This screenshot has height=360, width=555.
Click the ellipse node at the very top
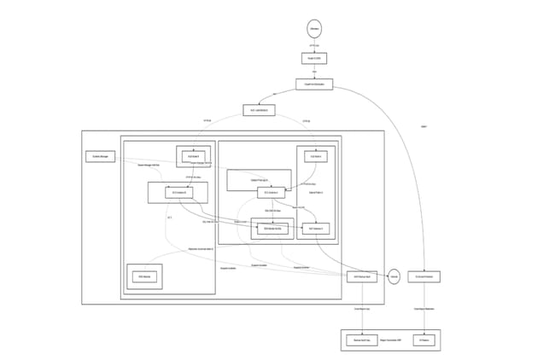pyautogui.click(x=313, y=29)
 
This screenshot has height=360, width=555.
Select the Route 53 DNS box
pyautogui.click(x=313, y=58)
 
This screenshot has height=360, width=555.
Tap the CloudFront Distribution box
pyautogui.click(x=313, y=84)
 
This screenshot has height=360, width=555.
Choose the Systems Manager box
pyautogui.click(x=97, y=156)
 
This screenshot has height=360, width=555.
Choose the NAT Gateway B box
pyautogui.click(x=316, y=229)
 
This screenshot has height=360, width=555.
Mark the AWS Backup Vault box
pyautogui.click(x=361, y=276)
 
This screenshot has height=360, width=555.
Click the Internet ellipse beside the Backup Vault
pyautogui.click(x=394, y=276)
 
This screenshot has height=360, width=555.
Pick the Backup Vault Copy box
pyautogui.click(x=361, y=340)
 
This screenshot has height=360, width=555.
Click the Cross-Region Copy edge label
pyautogui.click(x=361, y=309)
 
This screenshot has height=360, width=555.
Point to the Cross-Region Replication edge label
pyautogui.click(x=424, y=309)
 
